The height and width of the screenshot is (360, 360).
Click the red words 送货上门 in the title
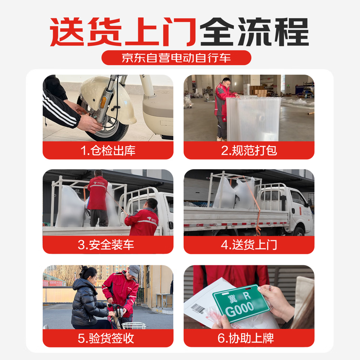[x=122, y=31]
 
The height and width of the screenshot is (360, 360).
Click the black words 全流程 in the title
[x=254, y=31]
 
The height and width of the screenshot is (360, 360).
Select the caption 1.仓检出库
[x=108, y=151]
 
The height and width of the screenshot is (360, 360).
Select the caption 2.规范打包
[x=249, y=151]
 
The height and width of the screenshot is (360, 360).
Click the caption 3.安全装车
[x=108, y=245]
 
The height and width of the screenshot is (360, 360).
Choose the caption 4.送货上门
[x=249, y=245]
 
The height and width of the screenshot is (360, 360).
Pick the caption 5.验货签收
[x=108, y=338]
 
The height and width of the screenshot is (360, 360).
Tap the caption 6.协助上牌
[x=249, y=338]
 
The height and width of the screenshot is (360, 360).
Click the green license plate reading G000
[x=241, y=303]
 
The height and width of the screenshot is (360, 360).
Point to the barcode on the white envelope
[x=198, y=309]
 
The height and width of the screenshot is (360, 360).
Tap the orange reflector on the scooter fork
[x=103, y=102]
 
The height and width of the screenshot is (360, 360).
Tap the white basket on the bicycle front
[x=134, y=325]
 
